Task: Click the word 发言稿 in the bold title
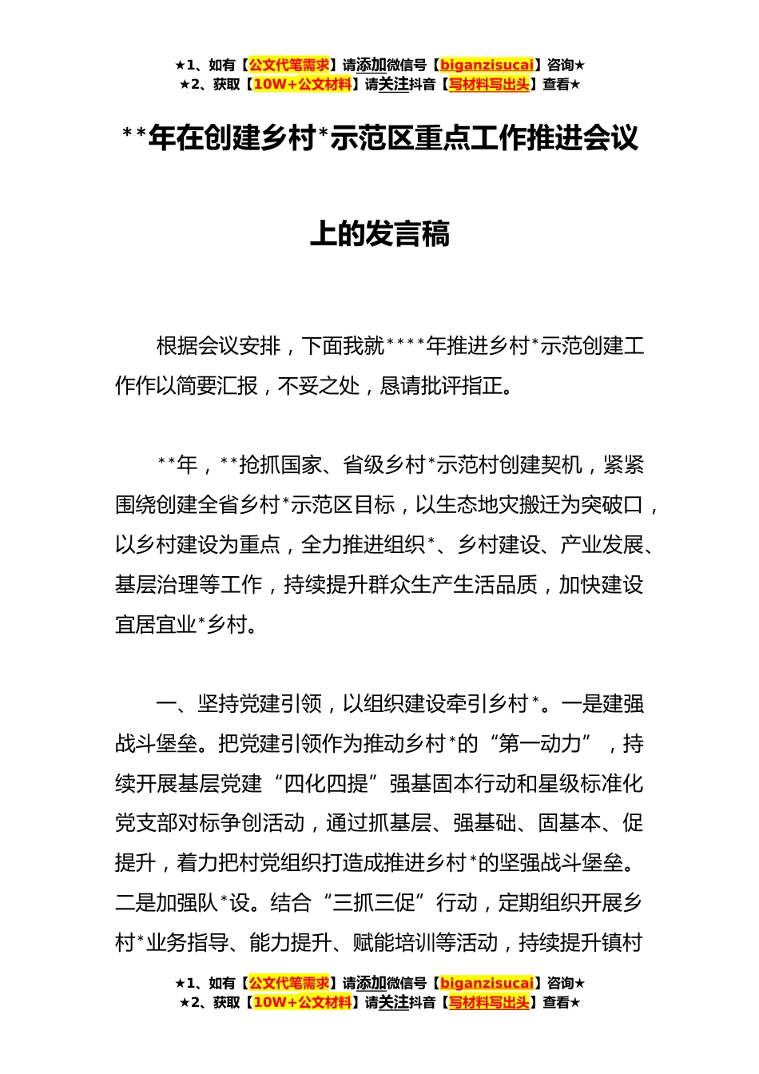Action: [x=407, y=234]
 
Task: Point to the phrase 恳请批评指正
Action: [x=442, y=386]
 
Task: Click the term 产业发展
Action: [x=601, y=545]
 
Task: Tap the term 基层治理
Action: [x=156, y=585]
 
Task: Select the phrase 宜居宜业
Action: [x=156, y=625]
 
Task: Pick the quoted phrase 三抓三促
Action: [x=374, y=903]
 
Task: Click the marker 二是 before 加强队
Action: [x=135, y=903]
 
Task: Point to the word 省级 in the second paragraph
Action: [x=364, y=465]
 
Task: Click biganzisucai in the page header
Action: [x=487, y=66]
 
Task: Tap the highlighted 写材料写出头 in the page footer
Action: [x=489, y=1002]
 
